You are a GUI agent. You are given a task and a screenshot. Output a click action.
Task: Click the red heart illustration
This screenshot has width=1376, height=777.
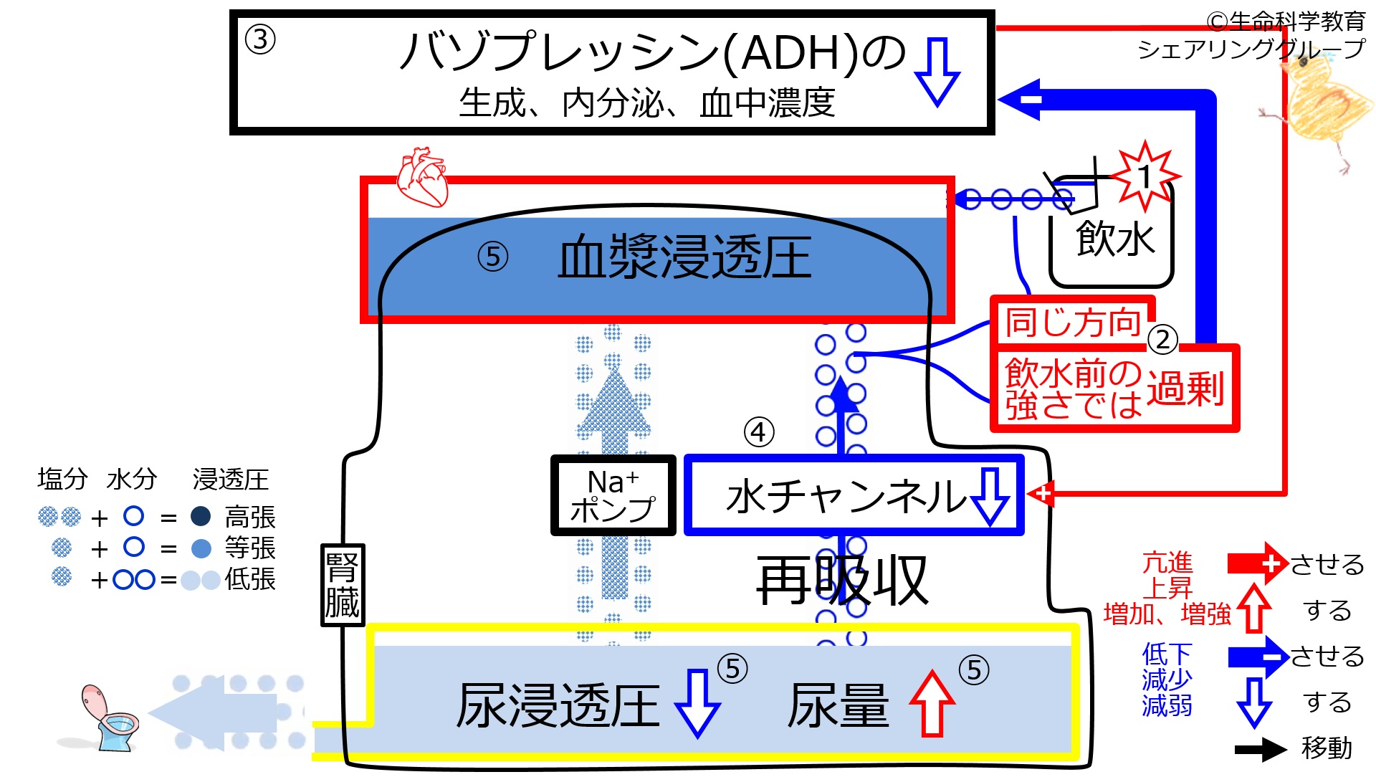(423, 177)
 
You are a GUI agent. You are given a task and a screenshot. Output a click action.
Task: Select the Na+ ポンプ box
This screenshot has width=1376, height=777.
(613, 495)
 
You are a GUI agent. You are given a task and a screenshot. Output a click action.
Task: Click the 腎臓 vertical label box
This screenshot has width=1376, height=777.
(343, 585)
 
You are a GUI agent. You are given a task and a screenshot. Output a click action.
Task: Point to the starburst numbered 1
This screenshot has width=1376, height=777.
(1145, 176)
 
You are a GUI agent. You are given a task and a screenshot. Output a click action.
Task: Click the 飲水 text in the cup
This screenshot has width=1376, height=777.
(1115, 239)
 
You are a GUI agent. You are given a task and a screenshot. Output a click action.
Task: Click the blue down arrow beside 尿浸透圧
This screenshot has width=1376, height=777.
(697, 703)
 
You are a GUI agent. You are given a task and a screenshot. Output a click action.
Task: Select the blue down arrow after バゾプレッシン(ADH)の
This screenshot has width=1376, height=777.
(937, 72)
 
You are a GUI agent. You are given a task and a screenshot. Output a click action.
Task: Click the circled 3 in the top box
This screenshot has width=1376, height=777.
(260, 39)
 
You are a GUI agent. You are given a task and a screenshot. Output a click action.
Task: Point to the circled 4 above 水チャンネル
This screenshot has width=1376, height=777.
(759, 432)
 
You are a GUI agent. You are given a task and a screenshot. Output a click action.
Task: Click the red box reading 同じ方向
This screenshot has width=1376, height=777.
(1073, 322)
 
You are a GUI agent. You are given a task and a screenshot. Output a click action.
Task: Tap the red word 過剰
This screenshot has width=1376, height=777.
(1185, 389)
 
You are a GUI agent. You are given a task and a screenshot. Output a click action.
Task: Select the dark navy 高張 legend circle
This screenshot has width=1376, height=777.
(201, 516)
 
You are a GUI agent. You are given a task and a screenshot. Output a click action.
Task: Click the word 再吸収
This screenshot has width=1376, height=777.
(843, 581)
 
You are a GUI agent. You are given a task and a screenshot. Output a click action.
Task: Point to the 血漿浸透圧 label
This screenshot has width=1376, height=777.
(684, 257)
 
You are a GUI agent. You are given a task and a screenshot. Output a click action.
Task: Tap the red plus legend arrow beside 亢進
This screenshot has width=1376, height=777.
(1259, 563)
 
